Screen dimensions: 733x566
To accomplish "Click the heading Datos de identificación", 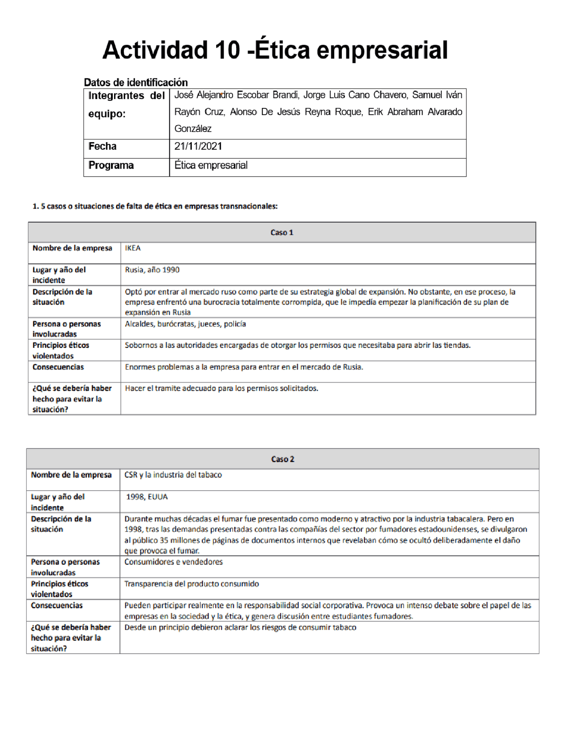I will pyautogui.click(x=136, y=82).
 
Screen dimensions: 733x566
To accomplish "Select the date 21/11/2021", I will pyautogui.click(x=198, y=147).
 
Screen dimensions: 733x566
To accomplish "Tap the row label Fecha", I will pyautogui.click(x=103, y=147).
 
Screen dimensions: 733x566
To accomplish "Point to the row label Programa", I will pyautogui.click(x=111, y=166).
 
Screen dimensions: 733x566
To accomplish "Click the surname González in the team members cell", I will pyautogui.click(x=193, y=129).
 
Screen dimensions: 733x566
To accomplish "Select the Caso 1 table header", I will pyautogui.click(x=282, y=232).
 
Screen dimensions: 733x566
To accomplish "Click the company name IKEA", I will pyautogui.click(x=133, y=248).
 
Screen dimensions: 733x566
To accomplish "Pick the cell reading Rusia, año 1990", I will pyautogui.click(x=152, y=270).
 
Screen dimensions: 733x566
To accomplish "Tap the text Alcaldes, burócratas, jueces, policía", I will pyautogui.click(x=185, y=324).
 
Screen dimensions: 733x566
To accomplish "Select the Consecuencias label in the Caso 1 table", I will pyautogui.click(x=58, y=367).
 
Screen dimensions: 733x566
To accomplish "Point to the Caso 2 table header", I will pyautogui.click(x=283, y=459).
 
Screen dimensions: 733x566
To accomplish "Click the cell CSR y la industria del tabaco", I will pyautogui.click(x=173, y=475).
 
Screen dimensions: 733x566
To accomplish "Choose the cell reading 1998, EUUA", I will pyautogui.click(x=147, y=497).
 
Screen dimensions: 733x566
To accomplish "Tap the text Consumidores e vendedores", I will pyautogui.click(x=173, y=562).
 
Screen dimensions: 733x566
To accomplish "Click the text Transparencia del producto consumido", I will pyautogui.click(x=191, y=584).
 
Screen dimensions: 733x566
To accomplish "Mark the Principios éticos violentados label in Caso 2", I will pyautogui.click(x=59, y=589).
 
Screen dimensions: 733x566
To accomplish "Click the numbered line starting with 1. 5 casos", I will pyautogui.click(x=155, y=206).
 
